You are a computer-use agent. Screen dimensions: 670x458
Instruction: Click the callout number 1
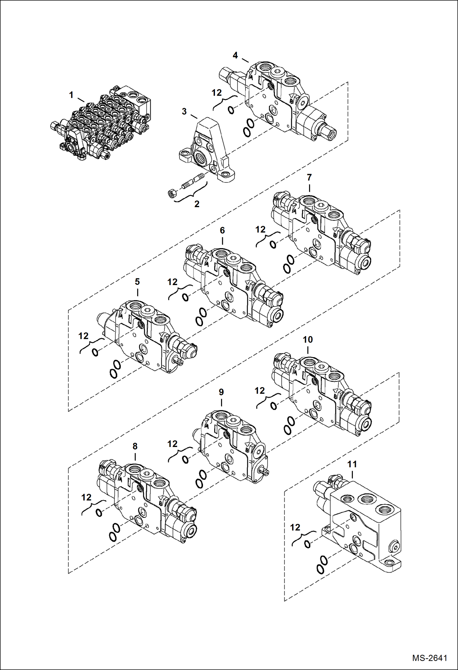71,95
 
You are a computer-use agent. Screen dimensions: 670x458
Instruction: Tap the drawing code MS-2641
430,658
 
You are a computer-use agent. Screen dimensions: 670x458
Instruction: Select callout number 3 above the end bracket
184,112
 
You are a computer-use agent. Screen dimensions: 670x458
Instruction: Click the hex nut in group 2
171,193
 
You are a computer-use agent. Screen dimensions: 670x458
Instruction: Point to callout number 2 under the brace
197,204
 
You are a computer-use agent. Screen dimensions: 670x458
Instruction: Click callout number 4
235,55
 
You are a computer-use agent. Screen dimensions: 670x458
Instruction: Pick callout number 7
309,177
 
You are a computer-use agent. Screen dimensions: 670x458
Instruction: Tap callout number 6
222,230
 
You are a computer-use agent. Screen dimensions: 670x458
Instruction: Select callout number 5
137,281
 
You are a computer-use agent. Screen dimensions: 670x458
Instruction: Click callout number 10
308,339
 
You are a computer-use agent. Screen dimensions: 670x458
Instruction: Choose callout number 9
221,392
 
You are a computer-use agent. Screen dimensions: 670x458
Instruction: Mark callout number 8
135,446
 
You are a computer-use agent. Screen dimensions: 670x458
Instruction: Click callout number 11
352,464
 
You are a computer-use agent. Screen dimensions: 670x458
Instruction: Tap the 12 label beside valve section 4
216,93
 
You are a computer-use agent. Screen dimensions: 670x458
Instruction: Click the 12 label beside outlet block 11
295,527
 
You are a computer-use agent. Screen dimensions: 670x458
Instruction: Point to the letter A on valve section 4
251,77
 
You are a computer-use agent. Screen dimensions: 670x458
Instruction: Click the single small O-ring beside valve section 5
95,352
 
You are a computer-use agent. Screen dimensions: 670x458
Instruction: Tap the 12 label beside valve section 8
86,497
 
